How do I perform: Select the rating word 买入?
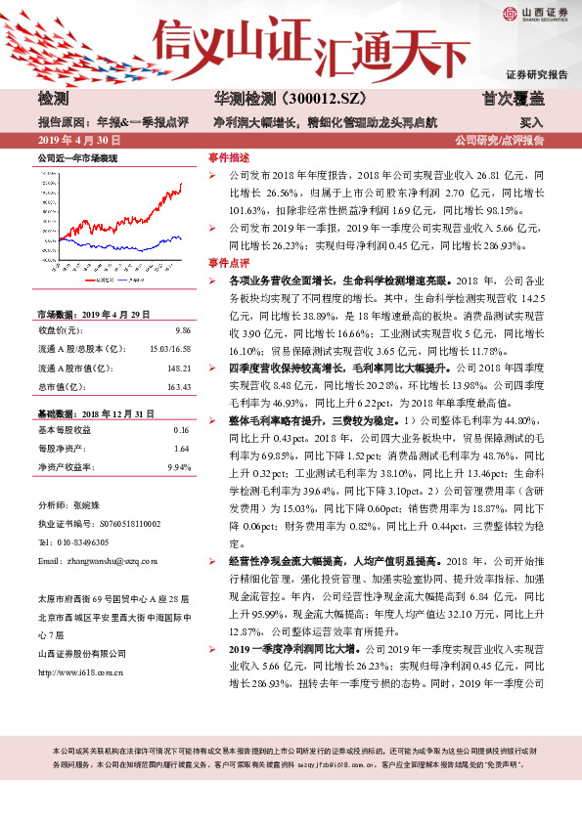(x=532, y=124)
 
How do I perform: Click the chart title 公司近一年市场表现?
(x=77, y=156)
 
